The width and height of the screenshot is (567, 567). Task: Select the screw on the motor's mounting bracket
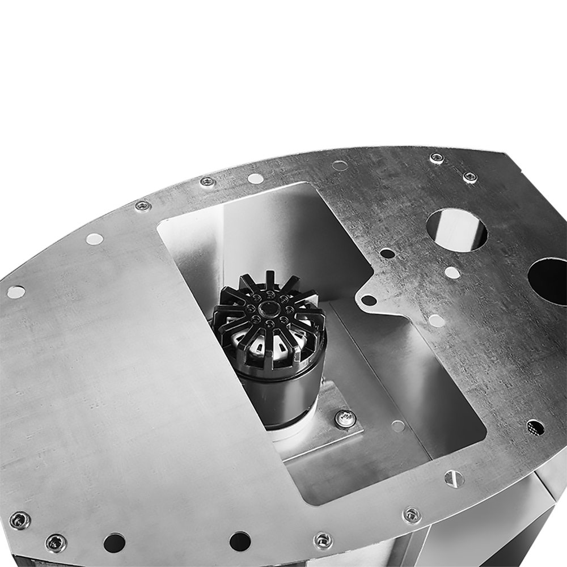(345, 418)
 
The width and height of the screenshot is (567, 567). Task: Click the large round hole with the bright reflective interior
(456, 230)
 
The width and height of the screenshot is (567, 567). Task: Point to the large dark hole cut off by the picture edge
(549, 281)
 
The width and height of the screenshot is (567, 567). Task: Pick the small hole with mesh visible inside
(535, 427)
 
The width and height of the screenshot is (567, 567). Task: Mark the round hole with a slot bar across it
(454, 479)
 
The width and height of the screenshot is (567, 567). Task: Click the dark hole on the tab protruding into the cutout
(369, 299)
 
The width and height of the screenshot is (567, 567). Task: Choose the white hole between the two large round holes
(452, 272)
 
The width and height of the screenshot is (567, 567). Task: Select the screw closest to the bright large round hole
(470, 177)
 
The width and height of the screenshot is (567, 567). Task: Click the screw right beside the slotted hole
(412, 515)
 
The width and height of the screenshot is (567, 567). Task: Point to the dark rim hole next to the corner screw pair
(114, 542)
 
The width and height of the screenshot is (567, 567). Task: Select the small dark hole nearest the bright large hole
(387, 253)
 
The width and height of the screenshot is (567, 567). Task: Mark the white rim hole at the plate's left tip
(16, 292)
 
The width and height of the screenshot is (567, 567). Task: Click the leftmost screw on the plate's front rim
(20, 520)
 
